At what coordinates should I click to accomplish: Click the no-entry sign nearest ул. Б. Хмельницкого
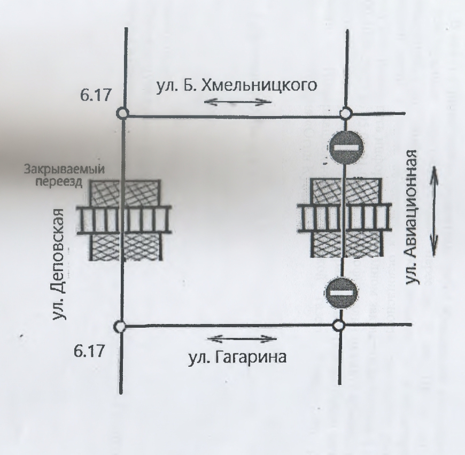point(346,145)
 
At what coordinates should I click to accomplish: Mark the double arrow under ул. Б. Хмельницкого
point(236,102)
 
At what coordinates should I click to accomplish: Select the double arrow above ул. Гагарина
point(244,338)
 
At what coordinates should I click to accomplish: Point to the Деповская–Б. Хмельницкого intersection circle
point(122,114)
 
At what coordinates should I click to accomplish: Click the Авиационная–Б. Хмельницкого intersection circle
point(346,113)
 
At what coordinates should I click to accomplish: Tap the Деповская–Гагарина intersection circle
point(121,326)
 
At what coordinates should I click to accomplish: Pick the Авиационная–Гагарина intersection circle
point(338,325)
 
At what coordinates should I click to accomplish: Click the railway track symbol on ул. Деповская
point(123,220)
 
